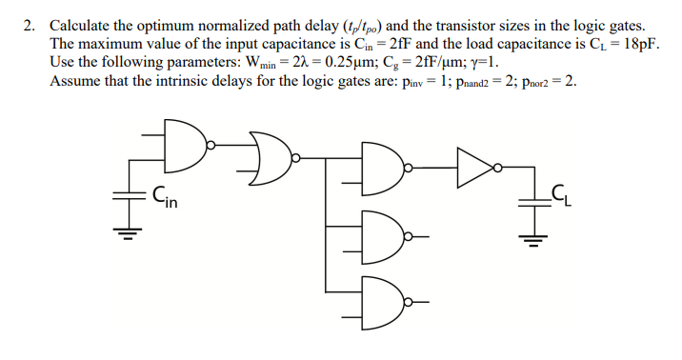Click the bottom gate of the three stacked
384,302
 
